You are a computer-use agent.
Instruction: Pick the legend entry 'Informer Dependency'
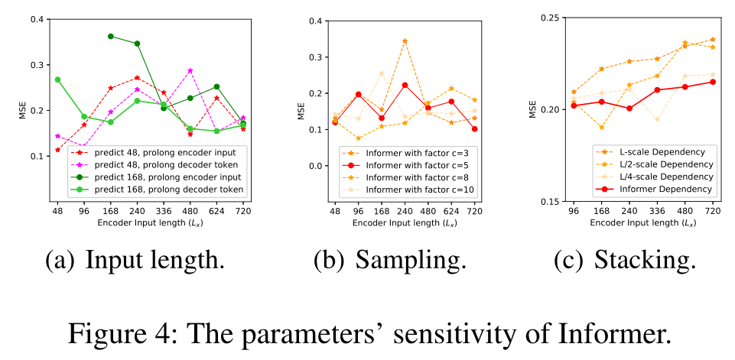click(655, 189)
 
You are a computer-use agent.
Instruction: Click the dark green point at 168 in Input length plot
click(111, 36)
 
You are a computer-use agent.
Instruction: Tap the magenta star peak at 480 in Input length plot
click(190, 71)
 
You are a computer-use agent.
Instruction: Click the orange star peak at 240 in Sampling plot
click(405, 41)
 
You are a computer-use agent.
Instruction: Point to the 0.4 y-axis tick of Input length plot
click(35, 19)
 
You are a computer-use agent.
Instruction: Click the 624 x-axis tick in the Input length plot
click(216, 209)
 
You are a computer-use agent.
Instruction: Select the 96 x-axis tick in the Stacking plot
click(574, 209)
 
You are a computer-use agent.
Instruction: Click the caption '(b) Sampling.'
click(390, 260)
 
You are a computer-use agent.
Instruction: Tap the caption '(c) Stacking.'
click(625, 260)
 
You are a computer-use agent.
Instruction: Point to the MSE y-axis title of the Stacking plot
click(533, 109)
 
